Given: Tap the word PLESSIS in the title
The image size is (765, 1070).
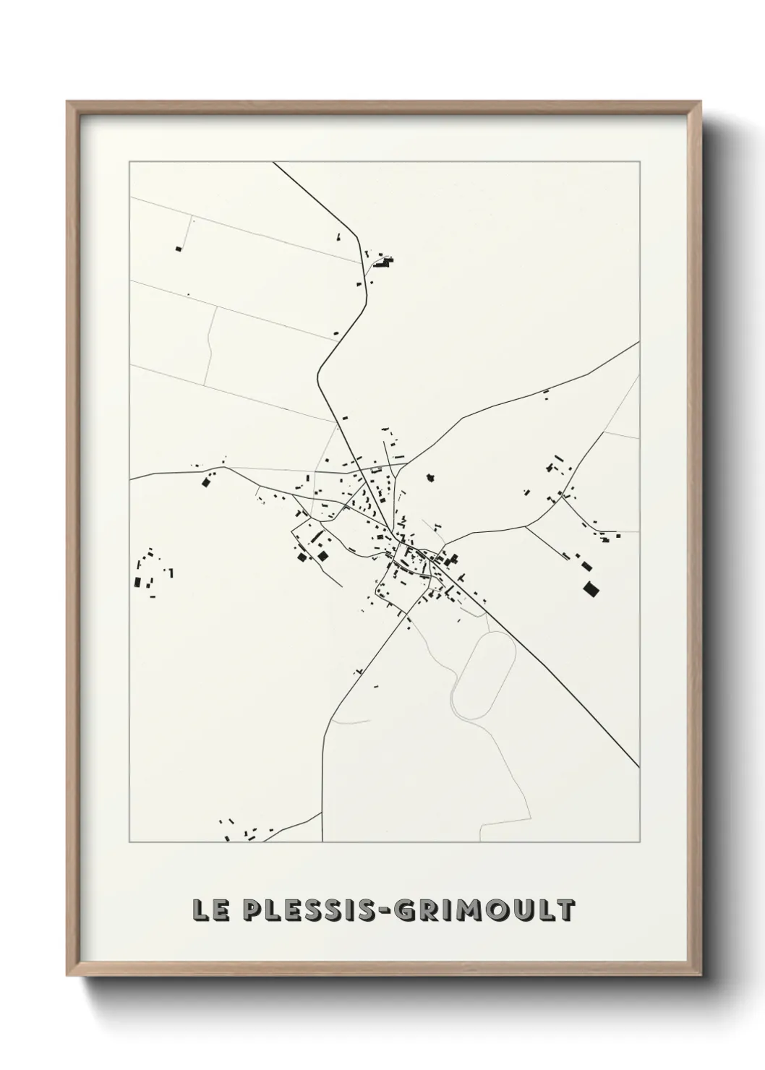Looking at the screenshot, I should pyautogui.click(x=304, y=911).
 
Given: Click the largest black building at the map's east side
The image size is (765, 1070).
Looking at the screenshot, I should pyautogui.click(x=591, y=589).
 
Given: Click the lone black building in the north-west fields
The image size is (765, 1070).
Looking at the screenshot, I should pyautogui.click(x=178, y=249).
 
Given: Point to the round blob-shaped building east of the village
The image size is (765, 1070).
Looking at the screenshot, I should pyautogui.click(x=431, y=478).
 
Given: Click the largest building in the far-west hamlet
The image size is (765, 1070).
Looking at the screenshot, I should pyautogui.click(x=137, y=582).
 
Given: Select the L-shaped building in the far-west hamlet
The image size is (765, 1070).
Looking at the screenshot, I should pyautogui.click(x=171, y=573).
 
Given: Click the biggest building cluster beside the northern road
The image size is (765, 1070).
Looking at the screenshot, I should pyautogui.click(x=383, y=262).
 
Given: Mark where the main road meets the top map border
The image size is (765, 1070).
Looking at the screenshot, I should pyautogui.click(x=273, y=163).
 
